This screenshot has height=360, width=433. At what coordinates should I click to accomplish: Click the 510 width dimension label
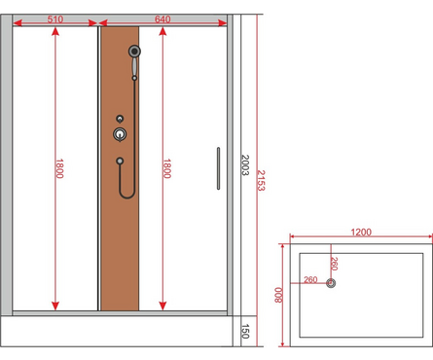55,19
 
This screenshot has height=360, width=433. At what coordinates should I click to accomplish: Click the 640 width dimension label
162,19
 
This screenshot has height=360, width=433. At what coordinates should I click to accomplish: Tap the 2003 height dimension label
245,165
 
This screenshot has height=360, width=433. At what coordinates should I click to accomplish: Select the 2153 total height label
262,181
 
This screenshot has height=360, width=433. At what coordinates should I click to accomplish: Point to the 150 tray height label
245,331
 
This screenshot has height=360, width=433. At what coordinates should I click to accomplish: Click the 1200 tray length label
361,233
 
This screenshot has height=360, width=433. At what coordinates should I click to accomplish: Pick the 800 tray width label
278,295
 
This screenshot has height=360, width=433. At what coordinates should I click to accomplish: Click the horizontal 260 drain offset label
310,279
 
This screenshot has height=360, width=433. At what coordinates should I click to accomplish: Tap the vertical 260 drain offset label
335,264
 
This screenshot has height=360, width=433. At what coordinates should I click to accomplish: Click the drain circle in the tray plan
331,283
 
